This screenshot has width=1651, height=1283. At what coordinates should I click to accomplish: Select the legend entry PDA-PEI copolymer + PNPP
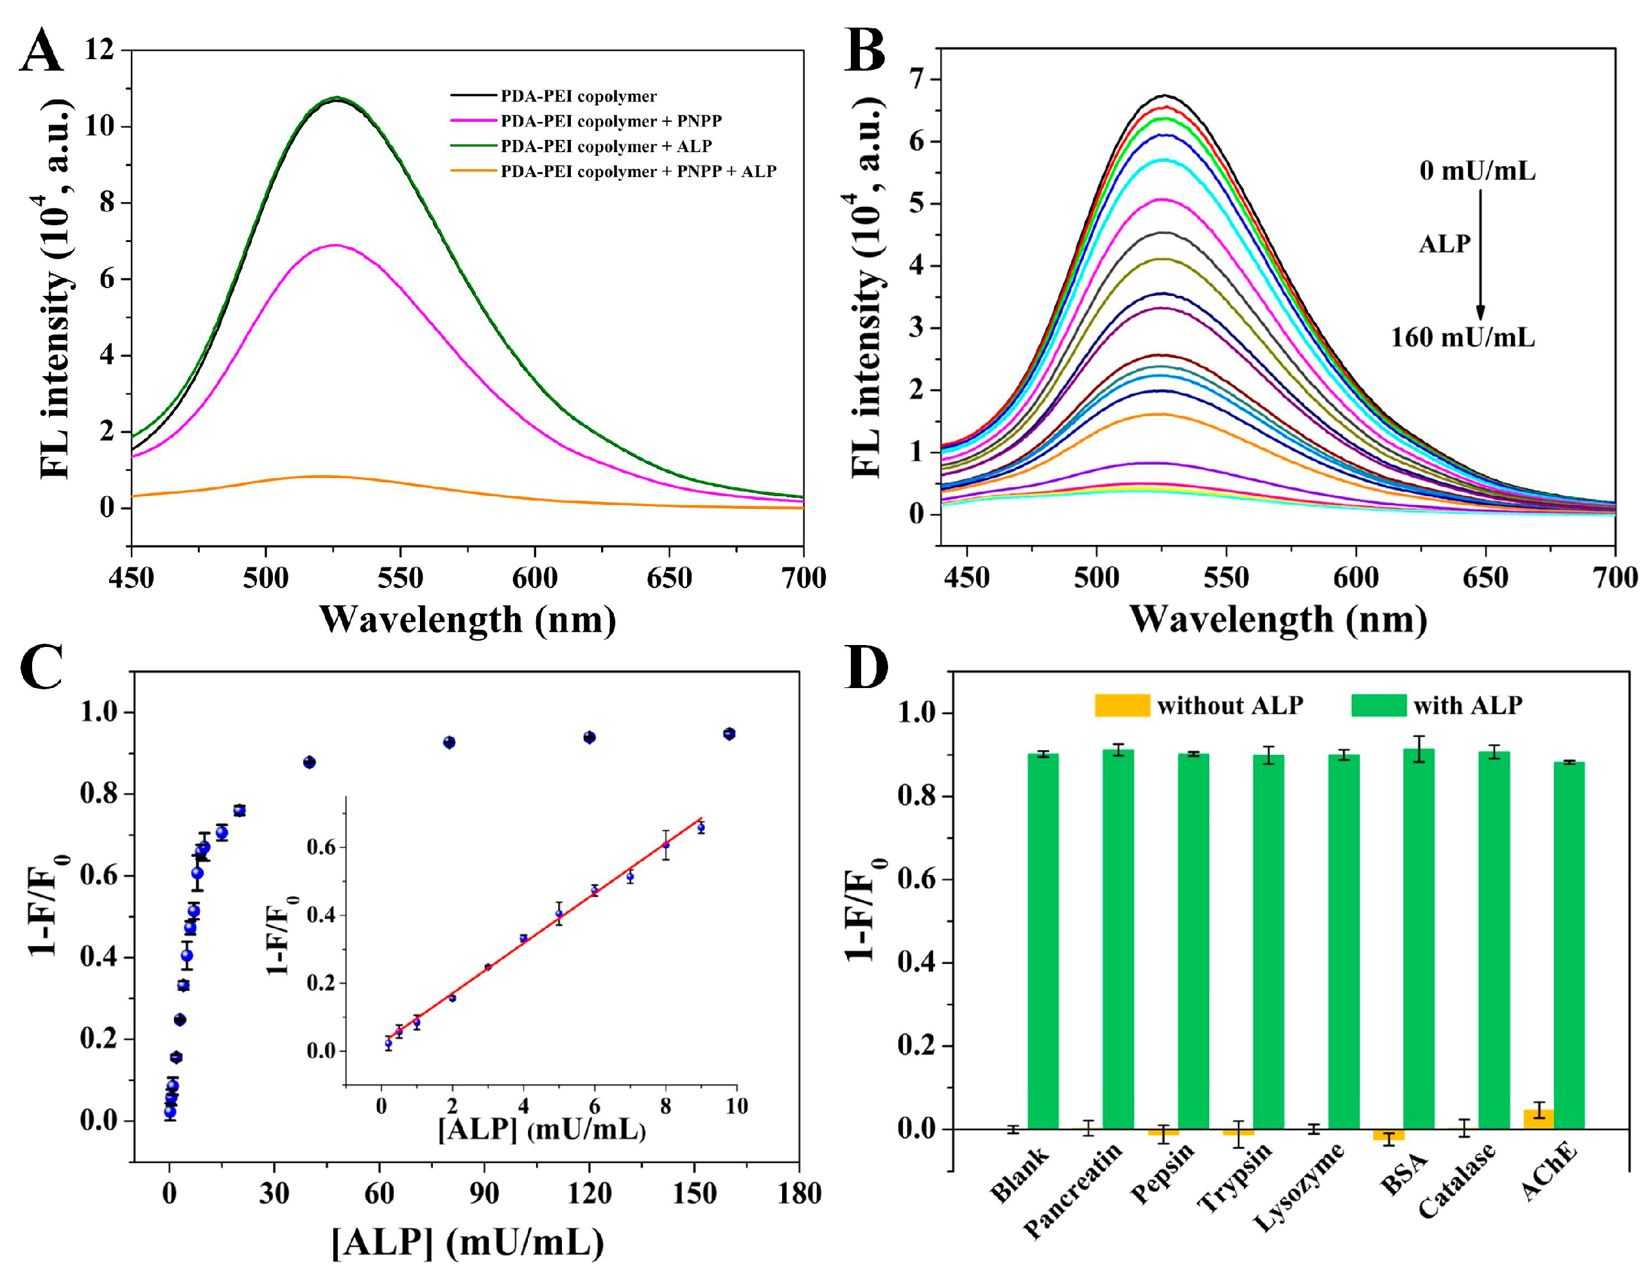click(x=611, y=121)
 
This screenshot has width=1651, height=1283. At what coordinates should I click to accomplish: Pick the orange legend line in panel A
click(x=473, y=171)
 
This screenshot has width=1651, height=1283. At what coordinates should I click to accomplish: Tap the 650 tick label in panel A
click(x=668, y=579)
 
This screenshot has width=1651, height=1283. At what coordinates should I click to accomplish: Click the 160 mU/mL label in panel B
click(x=1463, y=337)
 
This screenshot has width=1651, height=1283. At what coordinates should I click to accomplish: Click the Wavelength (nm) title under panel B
click(x=1277, y=619)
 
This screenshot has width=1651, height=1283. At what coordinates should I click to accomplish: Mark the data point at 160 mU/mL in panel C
click(x=729, y=734)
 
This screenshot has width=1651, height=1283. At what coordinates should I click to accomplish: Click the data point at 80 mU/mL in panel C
click(x=449, y=742)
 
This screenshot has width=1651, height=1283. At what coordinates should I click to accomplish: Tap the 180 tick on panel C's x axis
click(x=799, y=1194)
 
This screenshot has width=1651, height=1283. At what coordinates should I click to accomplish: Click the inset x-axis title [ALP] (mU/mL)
click(x=541, y=1130)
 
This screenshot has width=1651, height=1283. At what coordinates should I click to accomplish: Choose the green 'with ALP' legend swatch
click(x=1378, y=705)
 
